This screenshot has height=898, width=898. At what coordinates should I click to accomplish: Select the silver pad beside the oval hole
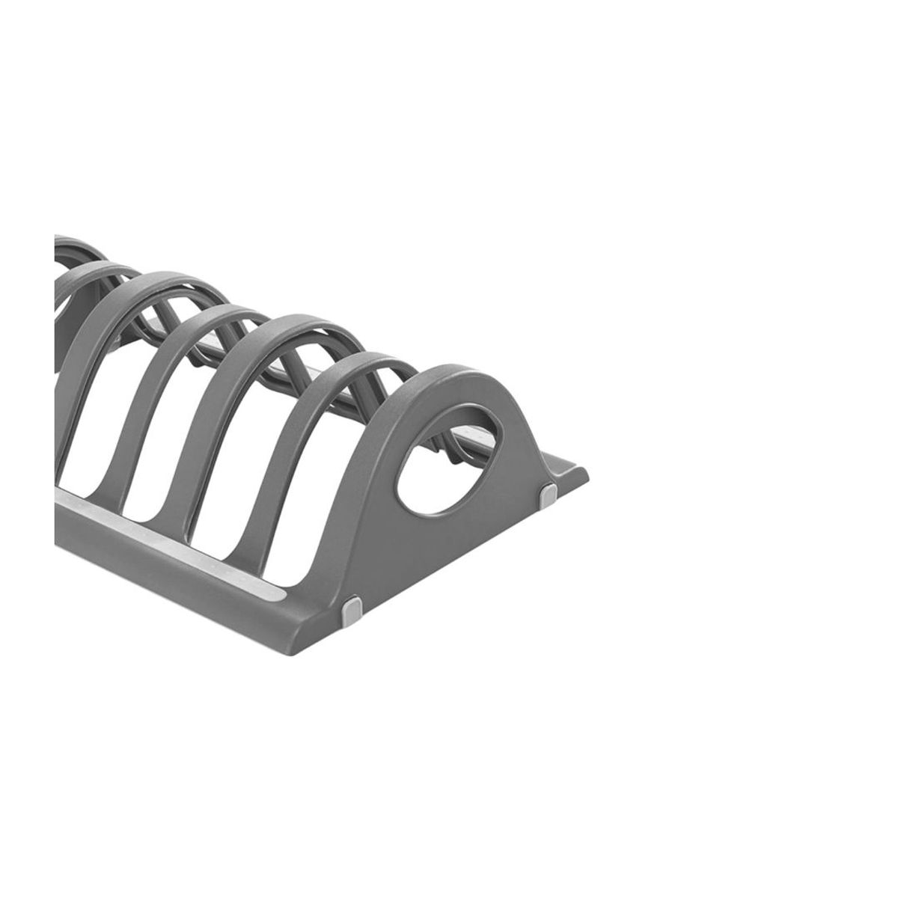point(549,494)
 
